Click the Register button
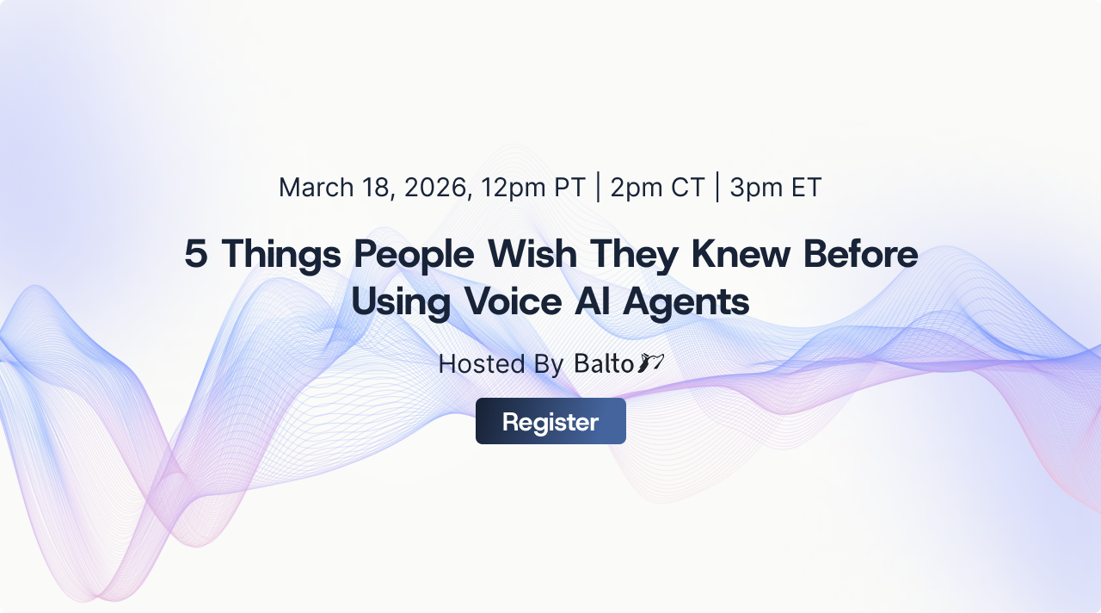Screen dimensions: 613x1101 pyautogui.click(x=550, y=421)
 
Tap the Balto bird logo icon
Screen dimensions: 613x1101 pyautogui.click(x=651, y=363)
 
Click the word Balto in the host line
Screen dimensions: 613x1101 pyautogui.click(x=604, y=363)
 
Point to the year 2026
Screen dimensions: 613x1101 pyautogui.click(x=436, y=187)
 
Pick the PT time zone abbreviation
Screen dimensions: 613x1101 pyautogui.click(x=569, y=187)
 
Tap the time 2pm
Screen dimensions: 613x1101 pyautogui.click(x=635, y=187)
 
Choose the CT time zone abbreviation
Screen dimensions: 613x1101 pyautogui.click(x=687, y=187)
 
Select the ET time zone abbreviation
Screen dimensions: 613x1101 pyautogui.click(x=806, y=187)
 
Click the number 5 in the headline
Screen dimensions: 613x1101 pyautogui.click(x=195, y=254)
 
